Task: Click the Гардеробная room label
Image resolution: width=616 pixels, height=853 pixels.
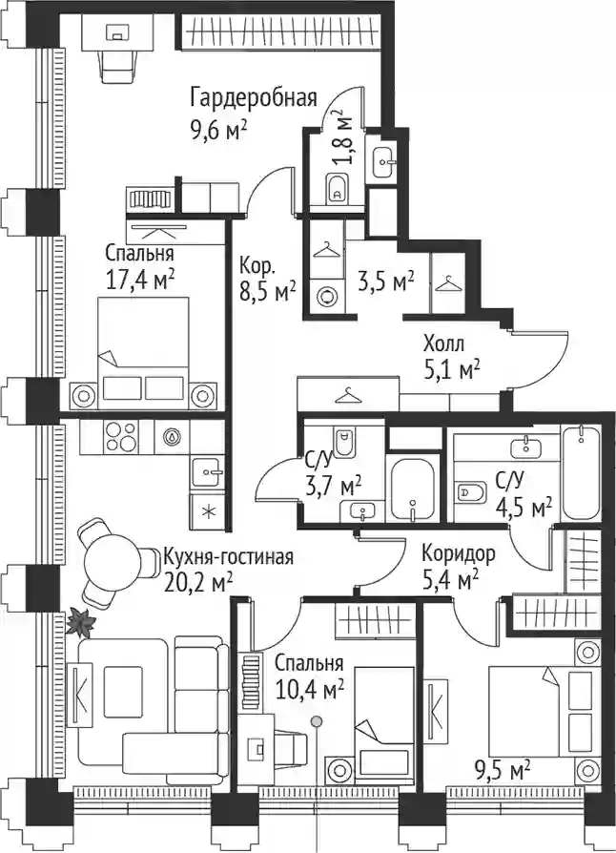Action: click(x=254, y=98)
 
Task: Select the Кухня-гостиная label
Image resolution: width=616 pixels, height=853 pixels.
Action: click(x=228, y=556)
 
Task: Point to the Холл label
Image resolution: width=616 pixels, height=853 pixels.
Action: click(x=443, y=343)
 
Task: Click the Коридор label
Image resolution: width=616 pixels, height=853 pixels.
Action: click(x=459, y=553)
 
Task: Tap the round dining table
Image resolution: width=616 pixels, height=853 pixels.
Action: click(x=113, y=563)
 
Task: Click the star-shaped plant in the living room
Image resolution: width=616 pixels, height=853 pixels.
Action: click(x=80, y=622)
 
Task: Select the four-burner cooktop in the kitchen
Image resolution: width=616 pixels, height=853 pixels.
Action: click(x=121, y=436)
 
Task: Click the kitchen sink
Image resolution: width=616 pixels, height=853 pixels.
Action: click(x=207, y=471)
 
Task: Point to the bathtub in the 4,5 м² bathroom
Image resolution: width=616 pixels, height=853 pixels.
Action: click(x=581, y=472)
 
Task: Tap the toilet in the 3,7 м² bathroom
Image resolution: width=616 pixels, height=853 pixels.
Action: click(x=343, y=442)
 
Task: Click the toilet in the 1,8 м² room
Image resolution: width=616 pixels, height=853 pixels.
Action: click(x=338, y=188)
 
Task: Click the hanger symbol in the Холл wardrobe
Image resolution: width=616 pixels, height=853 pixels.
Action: click(x=348, y=396)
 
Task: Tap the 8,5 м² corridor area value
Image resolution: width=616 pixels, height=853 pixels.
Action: click(x=268, y=293)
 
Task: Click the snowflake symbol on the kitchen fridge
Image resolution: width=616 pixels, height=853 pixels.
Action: click(x=207, y=511)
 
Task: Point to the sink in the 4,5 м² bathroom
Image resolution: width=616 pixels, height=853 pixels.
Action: click(x=525, y=447)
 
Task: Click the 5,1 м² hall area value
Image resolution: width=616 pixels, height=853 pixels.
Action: click(x=451, y=371)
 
